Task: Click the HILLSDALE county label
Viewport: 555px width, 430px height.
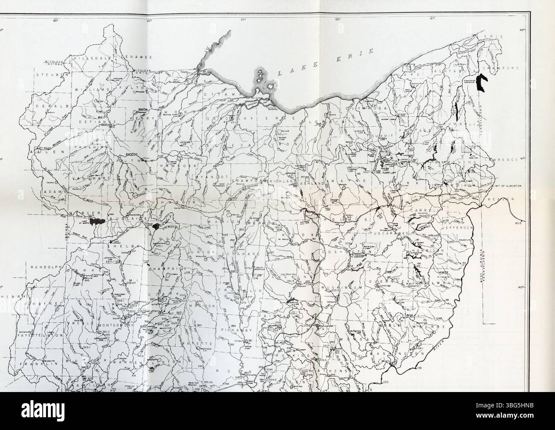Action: pyautogui.click(x=89, y=57)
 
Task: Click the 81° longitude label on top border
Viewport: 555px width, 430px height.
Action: pyautogui.click(x=432, y=7)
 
